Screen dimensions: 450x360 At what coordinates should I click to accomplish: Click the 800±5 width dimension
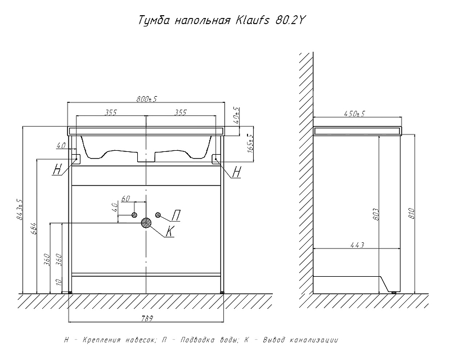146,99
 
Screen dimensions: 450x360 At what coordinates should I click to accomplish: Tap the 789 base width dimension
147,318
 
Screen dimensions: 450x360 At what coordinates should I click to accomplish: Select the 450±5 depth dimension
354,114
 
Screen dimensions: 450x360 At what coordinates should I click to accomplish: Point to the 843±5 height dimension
20,210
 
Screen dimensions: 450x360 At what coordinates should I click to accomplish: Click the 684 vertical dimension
34,228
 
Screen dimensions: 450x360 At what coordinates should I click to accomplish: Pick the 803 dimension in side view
376,214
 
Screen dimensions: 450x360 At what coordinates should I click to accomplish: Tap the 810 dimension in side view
411,213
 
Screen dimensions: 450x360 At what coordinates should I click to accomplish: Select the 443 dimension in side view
357,245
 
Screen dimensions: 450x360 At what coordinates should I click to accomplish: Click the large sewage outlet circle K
146,223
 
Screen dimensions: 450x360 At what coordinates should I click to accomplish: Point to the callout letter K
170,231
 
